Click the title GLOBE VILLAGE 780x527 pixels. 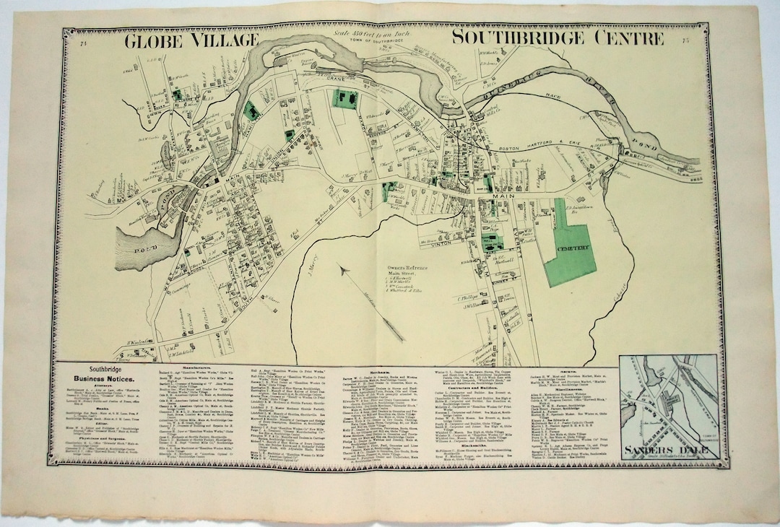tap(191, 40)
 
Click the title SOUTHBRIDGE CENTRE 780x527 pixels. tap(558, 38)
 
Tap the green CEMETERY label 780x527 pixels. tap(575, 247)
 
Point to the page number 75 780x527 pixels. tap(684, 40)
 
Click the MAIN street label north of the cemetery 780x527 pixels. tap(501, 195)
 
